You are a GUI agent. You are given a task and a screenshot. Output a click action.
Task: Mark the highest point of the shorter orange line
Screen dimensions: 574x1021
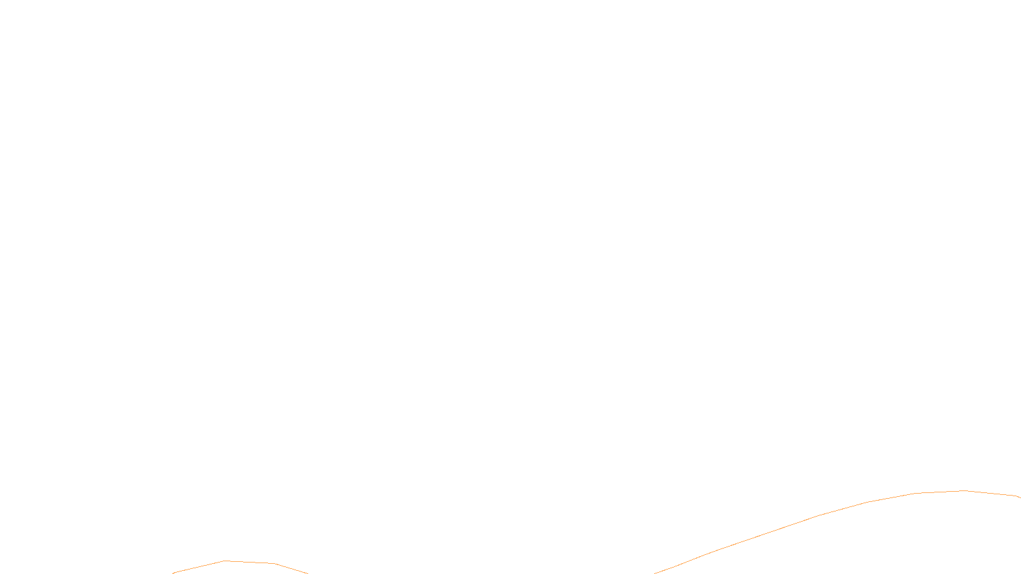click(225, 561)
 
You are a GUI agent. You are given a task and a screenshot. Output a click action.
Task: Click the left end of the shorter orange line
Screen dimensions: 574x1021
click(173, 573)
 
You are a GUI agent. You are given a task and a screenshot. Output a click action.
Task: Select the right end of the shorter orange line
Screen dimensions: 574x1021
click(308, 573)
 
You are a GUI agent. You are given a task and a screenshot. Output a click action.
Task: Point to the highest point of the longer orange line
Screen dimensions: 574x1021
click(964, 490)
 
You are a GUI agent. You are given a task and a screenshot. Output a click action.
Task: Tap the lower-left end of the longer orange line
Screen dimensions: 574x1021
click(655, 573)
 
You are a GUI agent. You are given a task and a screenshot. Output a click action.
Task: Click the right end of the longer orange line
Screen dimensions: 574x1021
click(1020, 497)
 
